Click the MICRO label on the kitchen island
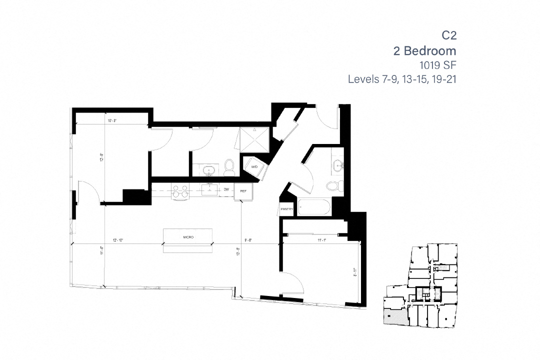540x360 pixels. click(x=188, y=237)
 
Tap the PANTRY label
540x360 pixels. click(x=286, y=209)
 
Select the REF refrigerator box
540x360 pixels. click(x=243, y=191)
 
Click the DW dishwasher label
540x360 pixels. click(x=226, y=189)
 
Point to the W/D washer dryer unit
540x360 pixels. click(x=254, y=166)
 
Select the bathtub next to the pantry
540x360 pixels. click(x=313, y=207)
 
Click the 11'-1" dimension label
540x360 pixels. click(x=321, y=240)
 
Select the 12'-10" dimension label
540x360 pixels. click(x=118, y=240)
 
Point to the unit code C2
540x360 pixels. click(x=449, y=35)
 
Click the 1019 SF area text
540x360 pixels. click(x=438, y=65)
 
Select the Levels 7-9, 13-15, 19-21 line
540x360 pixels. click(x=402, y=79)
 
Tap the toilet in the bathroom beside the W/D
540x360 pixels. click(x=229, y=167)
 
